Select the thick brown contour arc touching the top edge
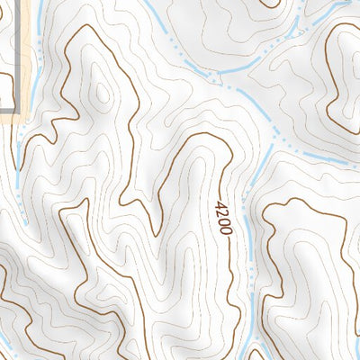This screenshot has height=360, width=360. coord(270,4)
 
